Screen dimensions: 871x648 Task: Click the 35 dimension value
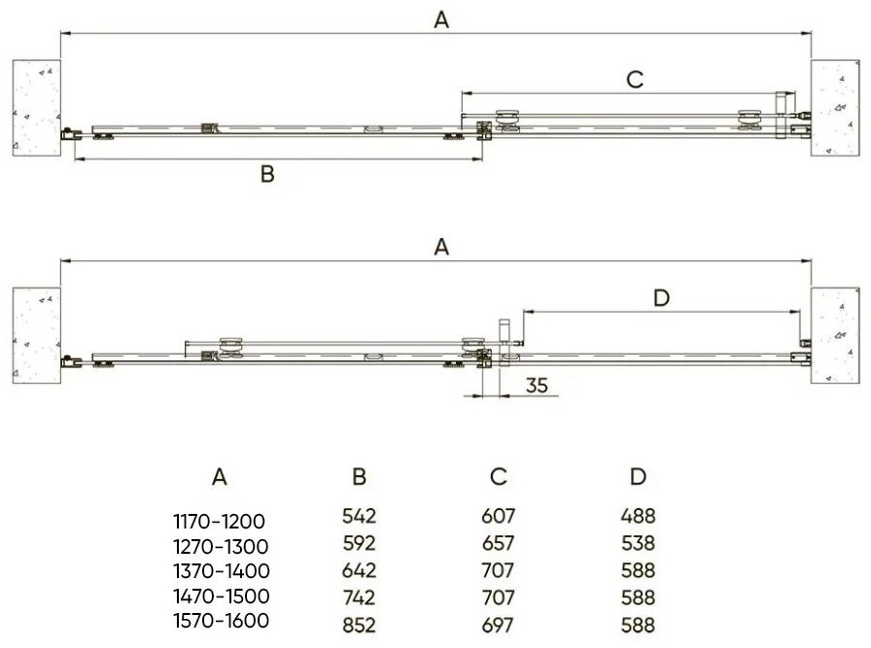[537, 385]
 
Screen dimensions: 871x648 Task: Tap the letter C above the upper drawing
[635, 80]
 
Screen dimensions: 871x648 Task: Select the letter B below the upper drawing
[267, 174]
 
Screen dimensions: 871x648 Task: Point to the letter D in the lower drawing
[661, 298]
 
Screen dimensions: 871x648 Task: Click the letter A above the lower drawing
[441, 247]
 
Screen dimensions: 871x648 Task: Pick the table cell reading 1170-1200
[220, 522]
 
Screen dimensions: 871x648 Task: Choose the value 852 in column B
[359, 626]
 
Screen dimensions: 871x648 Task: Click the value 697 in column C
[498, 626]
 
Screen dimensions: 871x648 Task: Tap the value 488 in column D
[638, 516]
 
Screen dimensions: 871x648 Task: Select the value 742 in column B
[359, 598]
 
